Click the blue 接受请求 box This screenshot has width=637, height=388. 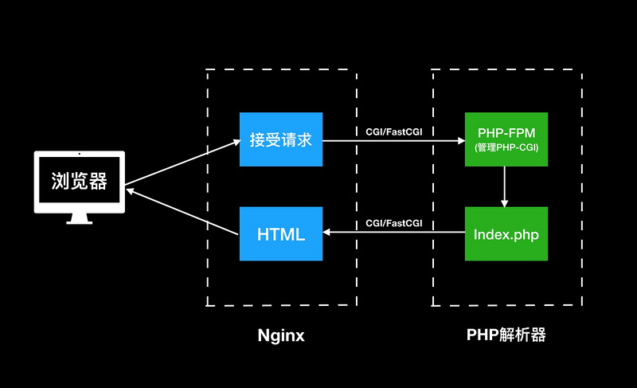coord(281,139)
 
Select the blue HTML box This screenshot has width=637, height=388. coord(281,233)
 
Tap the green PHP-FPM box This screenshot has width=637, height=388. coord(506,139)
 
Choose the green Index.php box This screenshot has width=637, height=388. coord(506,233)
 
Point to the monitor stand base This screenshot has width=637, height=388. coord(79,222)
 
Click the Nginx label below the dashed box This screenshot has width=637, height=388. coord(281,335)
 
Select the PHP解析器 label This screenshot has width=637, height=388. coord(506,335)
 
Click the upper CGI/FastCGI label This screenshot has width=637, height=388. coord(394,130)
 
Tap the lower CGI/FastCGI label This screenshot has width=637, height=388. coord(394,223)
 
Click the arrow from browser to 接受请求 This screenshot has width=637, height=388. coord(183,162)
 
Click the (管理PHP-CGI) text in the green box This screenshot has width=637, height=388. coord(506,148)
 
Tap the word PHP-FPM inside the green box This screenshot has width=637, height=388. coord(506,133)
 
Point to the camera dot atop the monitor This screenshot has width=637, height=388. coord(79,154)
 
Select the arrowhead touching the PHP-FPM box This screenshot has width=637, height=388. coord(460,141)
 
